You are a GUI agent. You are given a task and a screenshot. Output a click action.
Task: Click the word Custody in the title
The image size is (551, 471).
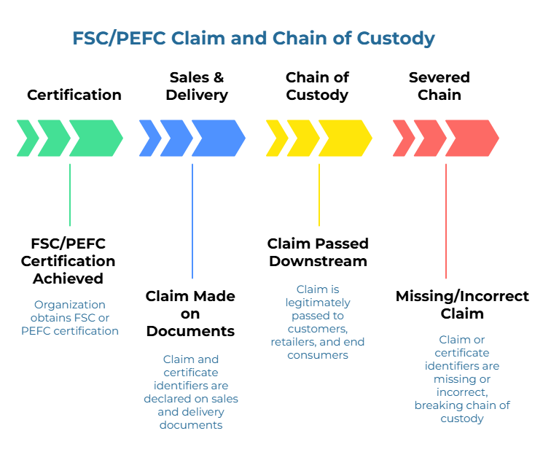[x=396, y=39]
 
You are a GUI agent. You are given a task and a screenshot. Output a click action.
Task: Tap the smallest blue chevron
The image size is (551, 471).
[x=150, y=139]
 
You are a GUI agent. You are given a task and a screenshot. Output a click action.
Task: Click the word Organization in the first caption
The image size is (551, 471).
[x=70, y=305]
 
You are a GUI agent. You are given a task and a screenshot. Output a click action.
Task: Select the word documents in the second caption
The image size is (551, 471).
[x=191, y=425]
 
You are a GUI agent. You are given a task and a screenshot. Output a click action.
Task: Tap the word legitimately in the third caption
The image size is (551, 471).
[x=318, y=303]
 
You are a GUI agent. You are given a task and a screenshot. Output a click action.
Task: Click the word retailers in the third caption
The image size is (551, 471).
[x=297, y=342]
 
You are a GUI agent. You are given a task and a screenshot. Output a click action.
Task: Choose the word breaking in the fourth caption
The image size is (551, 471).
[x=442, y=405]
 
